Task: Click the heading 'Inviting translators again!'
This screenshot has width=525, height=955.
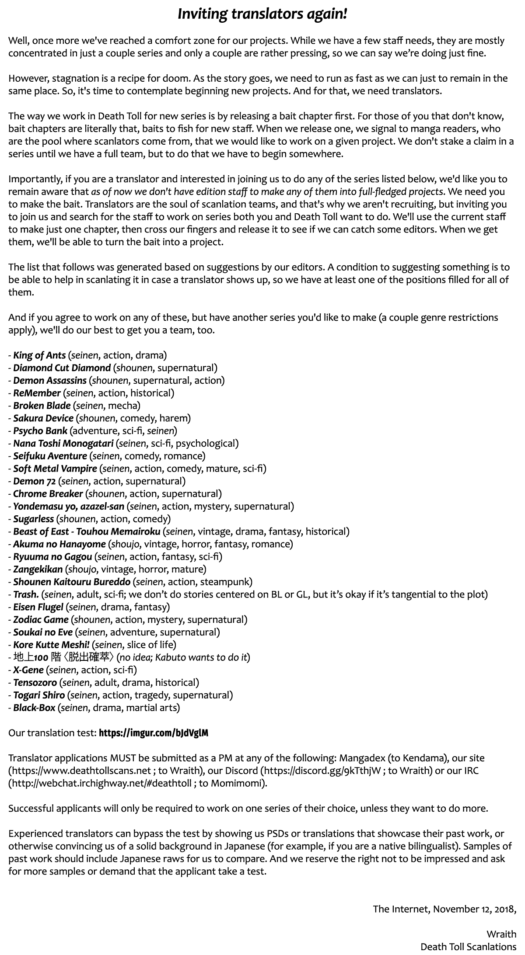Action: (x=262, y=14)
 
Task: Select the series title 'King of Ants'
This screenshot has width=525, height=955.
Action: (x=39, y=355)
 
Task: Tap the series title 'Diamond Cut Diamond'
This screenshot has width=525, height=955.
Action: (x=62, y=368)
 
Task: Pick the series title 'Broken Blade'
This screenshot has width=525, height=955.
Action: (x=42, y=406)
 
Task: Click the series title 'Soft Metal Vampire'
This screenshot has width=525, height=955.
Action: (x=55, y=469)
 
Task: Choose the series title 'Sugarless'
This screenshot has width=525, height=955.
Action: (x=34, y=519)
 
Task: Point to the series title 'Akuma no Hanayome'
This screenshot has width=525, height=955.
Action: (x=59, y=544)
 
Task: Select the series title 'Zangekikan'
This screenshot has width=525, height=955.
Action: (x=38, y=569)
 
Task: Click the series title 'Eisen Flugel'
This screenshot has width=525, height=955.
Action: (x=39, y=607)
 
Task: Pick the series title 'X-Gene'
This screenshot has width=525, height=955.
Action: (x=28, y=670)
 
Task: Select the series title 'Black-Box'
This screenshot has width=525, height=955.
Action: (x=34, y=708)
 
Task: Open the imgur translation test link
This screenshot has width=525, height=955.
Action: (x=154, y=733)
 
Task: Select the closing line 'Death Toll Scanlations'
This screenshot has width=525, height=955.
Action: (x=468, y=947)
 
